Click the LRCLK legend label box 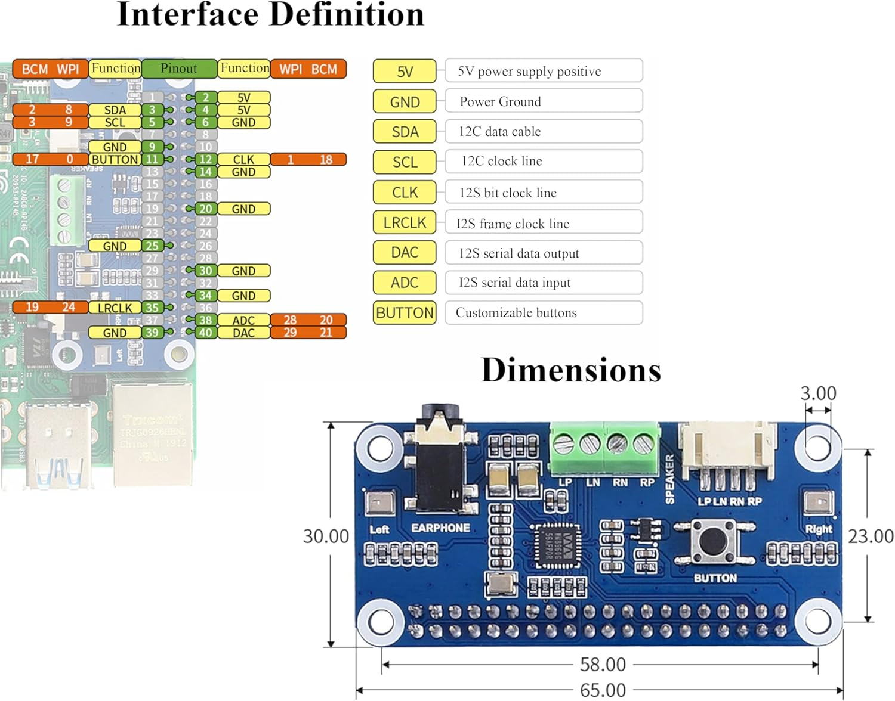point(405,222)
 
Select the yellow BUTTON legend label point(405,312)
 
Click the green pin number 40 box point(205,333)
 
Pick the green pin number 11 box point(152,159)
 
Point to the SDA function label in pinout point(115,110)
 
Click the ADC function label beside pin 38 point(243,320)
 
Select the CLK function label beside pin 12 point(243,159)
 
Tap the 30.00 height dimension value point(326,536)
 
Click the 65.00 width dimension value point(603,690)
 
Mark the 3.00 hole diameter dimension point(818,393)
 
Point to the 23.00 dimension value point(871,536)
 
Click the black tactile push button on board point(714,541)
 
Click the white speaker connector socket point(728,450)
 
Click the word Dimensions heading point(571,370)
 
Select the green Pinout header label point(179,69)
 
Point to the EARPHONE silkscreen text point(440,528)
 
